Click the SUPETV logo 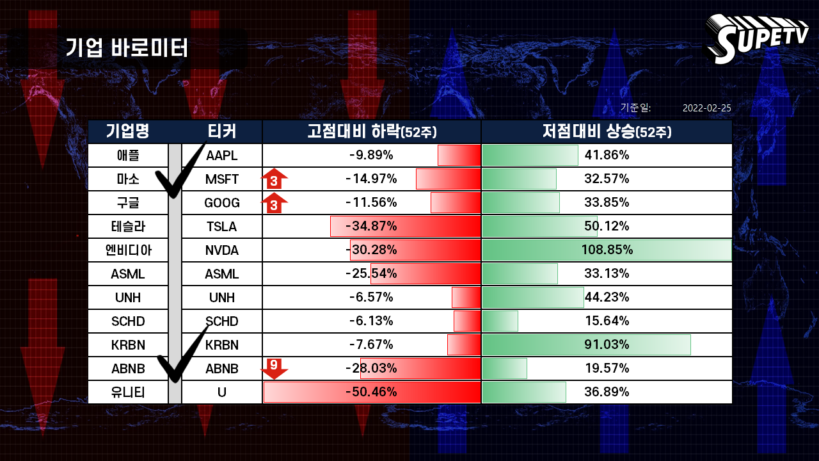(756, 38)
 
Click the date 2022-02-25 (707, 108)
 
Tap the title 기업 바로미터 (127, 48)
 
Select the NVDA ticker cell (221, 250)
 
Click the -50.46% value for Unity (371, 392)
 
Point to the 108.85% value (607, 250)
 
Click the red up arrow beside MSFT (274, 179)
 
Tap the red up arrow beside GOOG (274, 202)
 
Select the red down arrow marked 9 (274, 369)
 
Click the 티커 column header (221, 131)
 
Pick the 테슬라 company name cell (128, 227)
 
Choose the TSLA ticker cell (221, 227)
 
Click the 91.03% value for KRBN (607, 344)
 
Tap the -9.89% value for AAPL (371, 155)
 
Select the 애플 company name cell (128, 156)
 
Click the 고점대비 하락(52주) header (372, 131)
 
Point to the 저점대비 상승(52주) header (607, 131)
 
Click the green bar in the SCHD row (500, 321)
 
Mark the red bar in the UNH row (466, 298)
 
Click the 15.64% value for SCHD (607, 321)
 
